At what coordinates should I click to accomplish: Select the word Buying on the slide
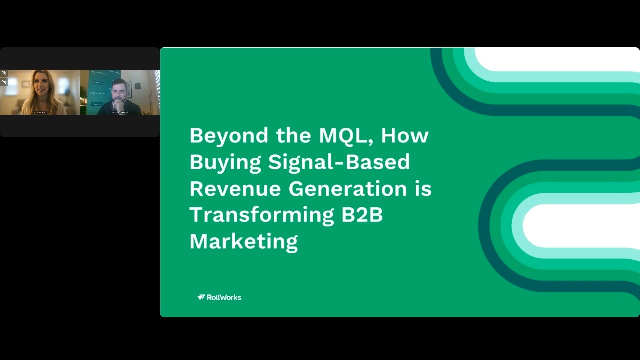point(225,162)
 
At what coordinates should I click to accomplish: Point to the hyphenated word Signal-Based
point(339,162)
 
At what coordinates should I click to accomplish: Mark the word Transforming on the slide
point(262,215)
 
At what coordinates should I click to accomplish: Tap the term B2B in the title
point(362,215)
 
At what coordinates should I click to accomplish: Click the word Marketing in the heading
point(244,241)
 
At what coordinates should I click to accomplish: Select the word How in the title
point(405,136)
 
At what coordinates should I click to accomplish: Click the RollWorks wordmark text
point(224,297)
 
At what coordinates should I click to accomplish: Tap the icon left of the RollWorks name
point(201,297)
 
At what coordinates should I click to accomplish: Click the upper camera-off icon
point(4,73)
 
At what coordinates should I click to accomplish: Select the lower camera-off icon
point(4,81)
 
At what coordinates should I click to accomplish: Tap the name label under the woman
point(39,113)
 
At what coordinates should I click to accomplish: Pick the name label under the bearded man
point(120,113)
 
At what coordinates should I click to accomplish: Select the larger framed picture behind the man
point(128,89)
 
